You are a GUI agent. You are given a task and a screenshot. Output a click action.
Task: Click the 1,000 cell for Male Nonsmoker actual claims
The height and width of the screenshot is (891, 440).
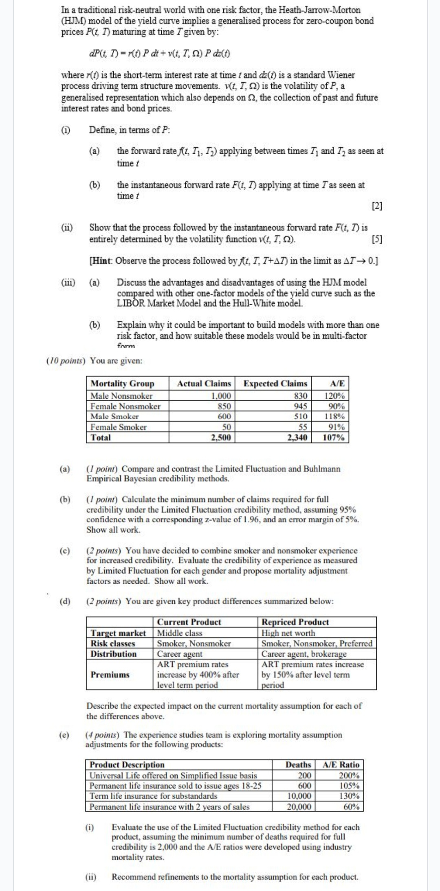point(221,396)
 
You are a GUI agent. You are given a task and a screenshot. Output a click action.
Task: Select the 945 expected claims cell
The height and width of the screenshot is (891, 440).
point(301,406)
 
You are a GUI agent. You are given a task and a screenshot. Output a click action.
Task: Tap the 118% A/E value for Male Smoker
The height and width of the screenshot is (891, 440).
point(334,416)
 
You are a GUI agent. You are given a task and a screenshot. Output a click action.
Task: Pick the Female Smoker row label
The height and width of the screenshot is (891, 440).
point(118,427)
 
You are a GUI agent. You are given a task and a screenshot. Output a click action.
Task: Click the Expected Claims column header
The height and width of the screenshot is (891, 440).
point(275,384)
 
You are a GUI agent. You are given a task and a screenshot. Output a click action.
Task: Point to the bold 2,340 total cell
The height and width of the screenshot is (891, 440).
point(297,438)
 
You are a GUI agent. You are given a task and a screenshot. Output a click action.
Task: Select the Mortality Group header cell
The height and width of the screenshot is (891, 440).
point(122,384)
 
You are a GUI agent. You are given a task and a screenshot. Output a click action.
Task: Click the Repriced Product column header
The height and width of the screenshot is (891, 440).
point(295,622)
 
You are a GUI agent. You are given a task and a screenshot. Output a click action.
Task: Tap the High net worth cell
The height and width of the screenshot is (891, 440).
point(288,633)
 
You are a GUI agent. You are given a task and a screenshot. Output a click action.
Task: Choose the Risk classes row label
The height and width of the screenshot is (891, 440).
point(113,644)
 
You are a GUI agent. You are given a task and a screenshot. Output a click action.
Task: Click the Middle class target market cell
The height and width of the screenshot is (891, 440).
point(180,633)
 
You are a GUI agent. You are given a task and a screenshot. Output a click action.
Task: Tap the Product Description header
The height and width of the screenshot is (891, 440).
point(127,764)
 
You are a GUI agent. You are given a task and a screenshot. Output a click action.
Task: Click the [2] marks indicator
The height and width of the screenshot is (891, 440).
point(377,206)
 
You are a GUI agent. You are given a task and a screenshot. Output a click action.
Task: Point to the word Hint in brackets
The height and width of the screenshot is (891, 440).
point(103,261)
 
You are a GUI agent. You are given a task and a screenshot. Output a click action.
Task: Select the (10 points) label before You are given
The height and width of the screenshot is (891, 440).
point(66,361)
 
